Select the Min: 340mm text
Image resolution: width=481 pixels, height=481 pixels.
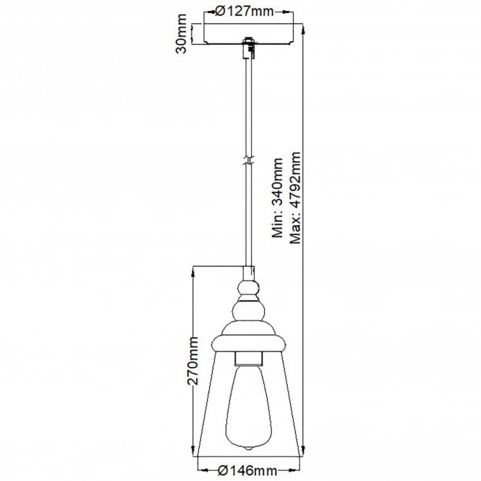coord(277,199)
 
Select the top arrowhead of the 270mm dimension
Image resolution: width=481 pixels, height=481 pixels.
coord(194,271)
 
